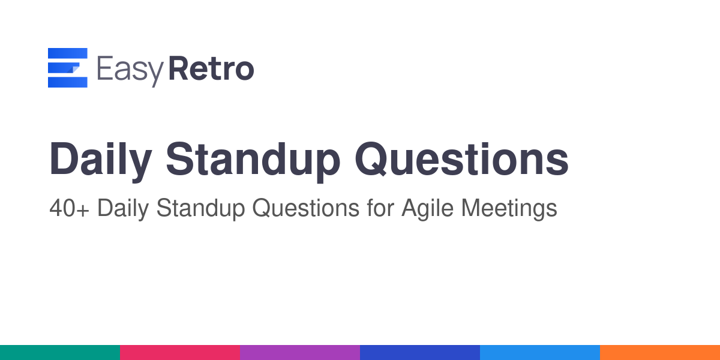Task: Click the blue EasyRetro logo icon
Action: (67, 67)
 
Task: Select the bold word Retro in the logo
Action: (211, 68)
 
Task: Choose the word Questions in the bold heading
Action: (461, 159)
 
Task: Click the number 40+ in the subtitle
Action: (69, 208)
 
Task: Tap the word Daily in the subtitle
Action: (123, 209)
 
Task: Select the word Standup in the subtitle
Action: (200, 209)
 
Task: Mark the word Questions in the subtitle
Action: (305, 208)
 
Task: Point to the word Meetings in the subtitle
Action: (509, 209)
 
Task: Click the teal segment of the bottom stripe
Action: (60, 353)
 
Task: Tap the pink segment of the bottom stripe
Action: (180, 353)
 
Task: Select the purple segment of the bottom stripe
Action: (300, 353)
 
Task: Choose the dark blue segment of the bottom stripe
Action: (420, 353)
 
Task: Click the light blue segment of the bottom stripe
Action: (540, 353)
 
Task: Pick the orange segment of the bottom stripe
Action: (660, 353)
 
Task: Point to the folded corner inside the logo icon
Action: (74, 69)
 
